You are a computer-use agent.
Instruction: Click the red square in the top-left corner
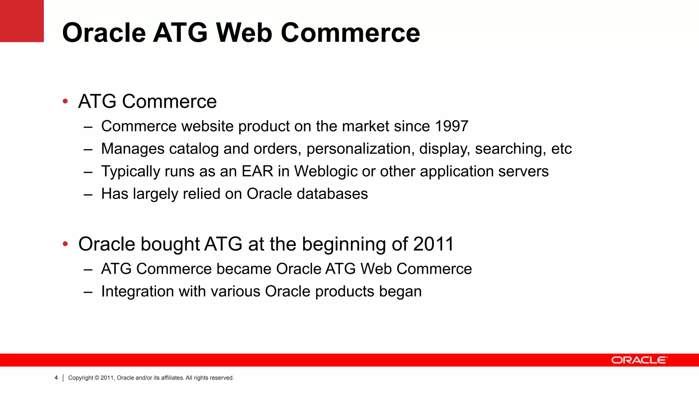click(x=22, y=21)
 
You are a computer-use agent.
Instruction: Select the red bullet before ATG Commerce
click(x=65, y=101)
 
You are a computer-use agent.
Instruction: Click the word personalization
click(x=360, y=149)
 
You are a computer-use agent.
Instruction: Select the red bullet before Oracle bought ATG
click(x=65, y=244)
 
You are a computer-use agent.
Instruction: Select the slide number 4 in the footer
click(x=56, y=378)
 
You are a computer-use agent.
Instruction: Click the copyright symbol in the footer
click(x=97, y=378)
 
